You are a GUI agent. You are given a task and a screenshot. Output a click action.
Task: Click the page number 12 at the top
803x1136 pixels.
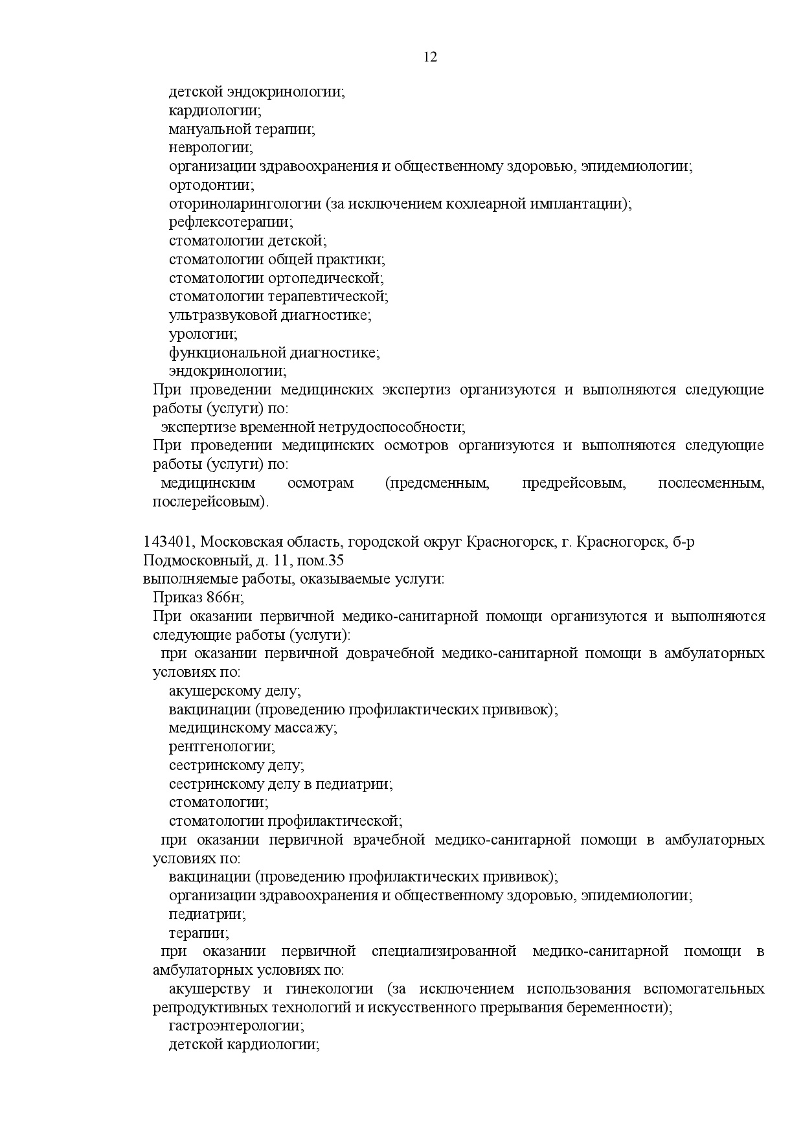pyautogui.click(x=431, y=57)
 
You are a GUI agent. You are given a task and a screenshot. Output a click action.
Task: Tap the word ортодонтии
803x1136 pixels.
pyautogui.click(x=211, y=185)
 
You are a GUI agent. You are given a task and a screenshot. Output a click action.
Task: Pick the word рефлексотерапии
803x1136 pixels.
pyautogui.click(x=231, y=222)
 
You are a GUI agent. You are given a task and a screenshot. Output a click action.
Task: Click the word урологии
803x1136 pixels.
pyautogui.click(x=203, y=335)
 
